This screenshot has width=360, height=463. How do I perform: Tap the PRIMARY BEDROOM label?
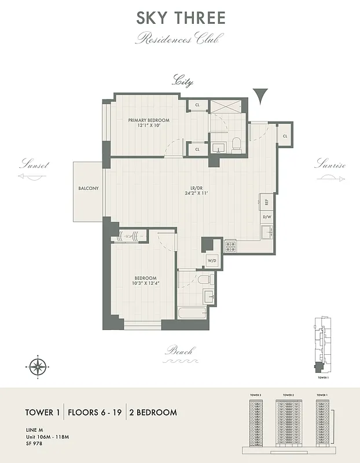click(x=149, y=120)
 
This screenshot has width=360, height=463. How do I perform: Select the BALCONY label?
click(x=89, y=189)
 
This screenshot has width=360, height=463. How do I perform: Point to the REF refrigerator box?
click(x=267, y=203)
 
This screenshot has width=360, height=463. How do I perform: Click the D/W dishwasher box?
click(x=267, y=218)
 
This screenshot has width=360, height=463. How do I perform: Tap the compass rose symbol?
click(x=38, y=366)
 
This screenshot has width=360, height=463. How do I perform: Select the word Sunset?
click(x=34, y=164)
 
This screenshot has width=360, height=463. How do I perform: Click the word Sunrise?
click(x=329, y=164)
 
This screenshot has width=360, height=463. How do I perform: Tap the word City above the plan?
click(x=182, y=82)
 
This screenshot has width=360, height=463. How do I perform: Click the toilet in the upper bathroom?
click(x=237, y=144)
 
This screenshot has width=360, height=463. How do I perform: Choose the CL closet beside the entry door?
click(x=285, y=136)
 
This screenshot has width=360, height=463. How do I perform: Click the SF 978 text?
click(x=34, y=443)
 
